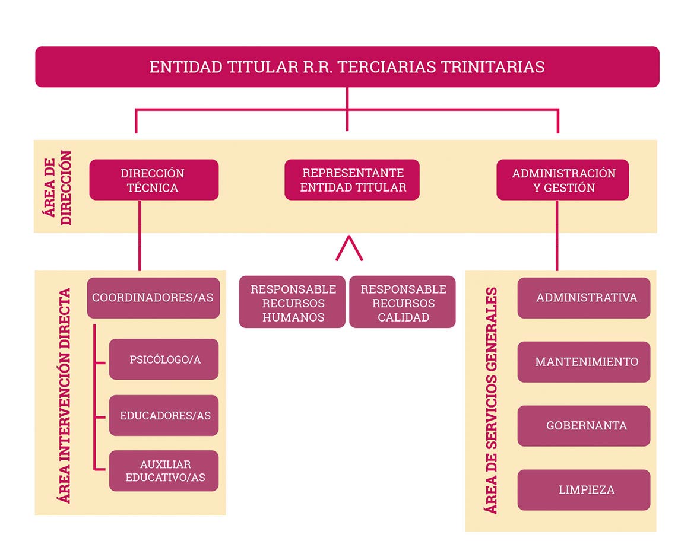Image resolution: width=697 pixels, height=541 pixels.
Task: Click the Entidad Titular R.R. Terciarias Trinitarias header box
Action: [x=347, y=66]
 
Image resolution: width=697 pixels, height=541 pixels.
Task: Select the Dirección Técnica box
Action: [x=154, y=180]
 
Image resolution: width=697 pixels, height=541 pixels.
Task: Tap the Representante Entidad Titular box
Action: [x=352, y=180]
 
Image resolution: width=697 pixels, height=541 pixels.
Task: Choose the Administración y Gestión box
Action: [x=563, y=180]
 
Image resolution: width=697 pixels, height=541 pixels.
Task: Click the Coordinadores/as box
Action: [x=153, y=298]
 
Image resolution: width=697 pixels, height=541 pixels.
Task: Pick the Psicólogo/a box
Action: [x=164, y=359]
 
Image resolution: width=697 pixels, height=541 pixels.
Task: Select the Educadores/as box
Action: [x=164, y=415]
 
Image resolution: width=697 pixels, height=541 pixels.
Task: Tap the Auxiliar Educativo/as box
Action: [x=164, y=471]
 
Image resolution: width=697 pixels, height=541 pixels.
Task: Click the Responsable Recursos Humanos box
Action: [x=292, y=302]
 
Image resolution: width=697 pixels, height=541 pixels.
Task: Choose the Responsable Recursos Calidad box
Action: [x=403, y=302]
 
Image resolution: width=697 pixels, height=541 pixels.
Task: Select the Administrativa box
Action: [x=584, y=298]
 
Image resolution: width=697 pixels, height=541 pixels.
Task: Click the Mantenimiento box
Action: [x=584, y=362]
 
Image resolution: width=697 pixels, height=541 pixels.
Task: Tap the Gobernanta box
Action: [x=584, y=426]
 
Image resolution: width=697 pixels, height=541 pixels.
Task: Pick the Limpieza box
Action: [x=584, y=490]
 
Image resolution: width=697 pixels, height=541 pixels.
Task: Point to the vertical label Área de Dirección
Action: [x=58, y=187]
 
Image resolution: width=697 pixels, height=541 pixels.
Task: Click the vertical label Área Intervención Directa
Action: [x=65, y=396]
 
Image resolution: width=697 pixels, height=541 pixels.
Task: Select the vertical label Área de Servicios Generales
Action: [x=491, y=400]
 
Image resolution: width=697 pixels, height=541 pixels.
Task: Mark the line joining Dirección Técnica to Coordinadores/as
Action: [x=140, y=236]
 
